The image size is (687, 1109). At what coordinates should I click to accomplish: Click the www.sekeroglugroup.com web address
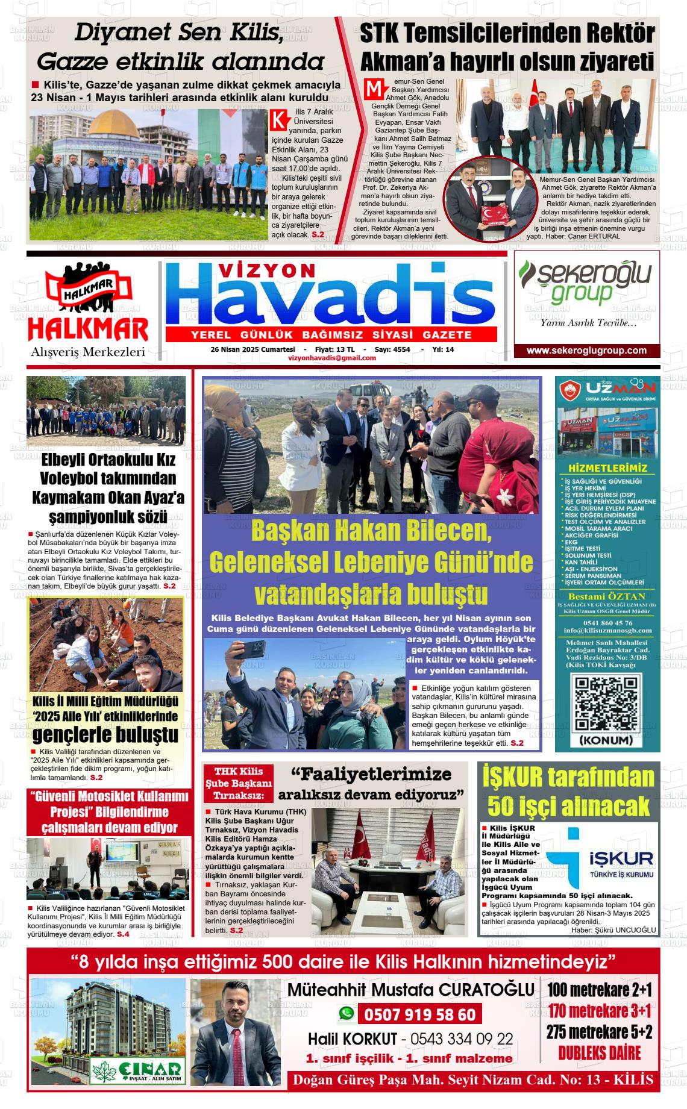[586, 351]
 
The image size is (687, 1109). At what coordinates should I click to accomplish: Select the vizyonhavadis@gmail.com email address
[332, 358]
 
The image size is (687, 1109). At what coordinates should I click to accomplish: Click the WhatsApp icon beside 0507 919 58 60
[346, 1014]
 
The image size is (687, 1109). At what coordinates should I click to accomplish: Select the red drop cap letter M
[374, 89]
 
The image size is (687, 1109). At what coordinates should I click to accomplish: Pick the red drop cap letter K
[278, 119]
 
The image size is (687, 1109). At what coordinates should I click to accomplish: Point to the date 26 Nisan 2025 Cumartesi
[253, 349]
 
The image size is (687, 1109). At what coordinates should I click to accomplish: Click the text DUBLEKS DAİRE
[599, 1053]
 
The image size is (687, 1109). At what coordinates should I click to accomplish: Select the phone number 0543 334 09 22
[462, 1039]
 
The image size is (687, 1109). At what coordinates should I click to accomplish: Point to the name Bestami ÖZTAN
[606, 596]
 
